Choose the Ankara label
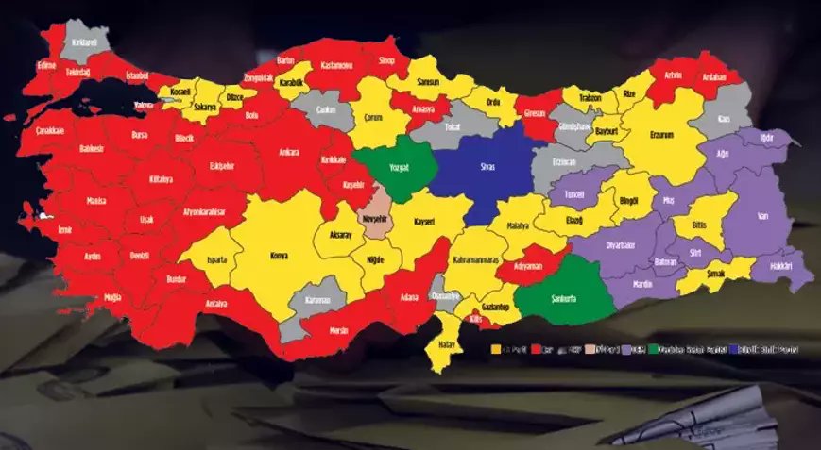[x=289, y=151]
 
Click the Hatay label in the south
[x=447, y=345]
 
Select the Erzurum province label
[x=662, y=135]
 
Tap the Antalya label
[x=216, y=304]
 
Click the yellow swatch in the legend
[x=494, y=350]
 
